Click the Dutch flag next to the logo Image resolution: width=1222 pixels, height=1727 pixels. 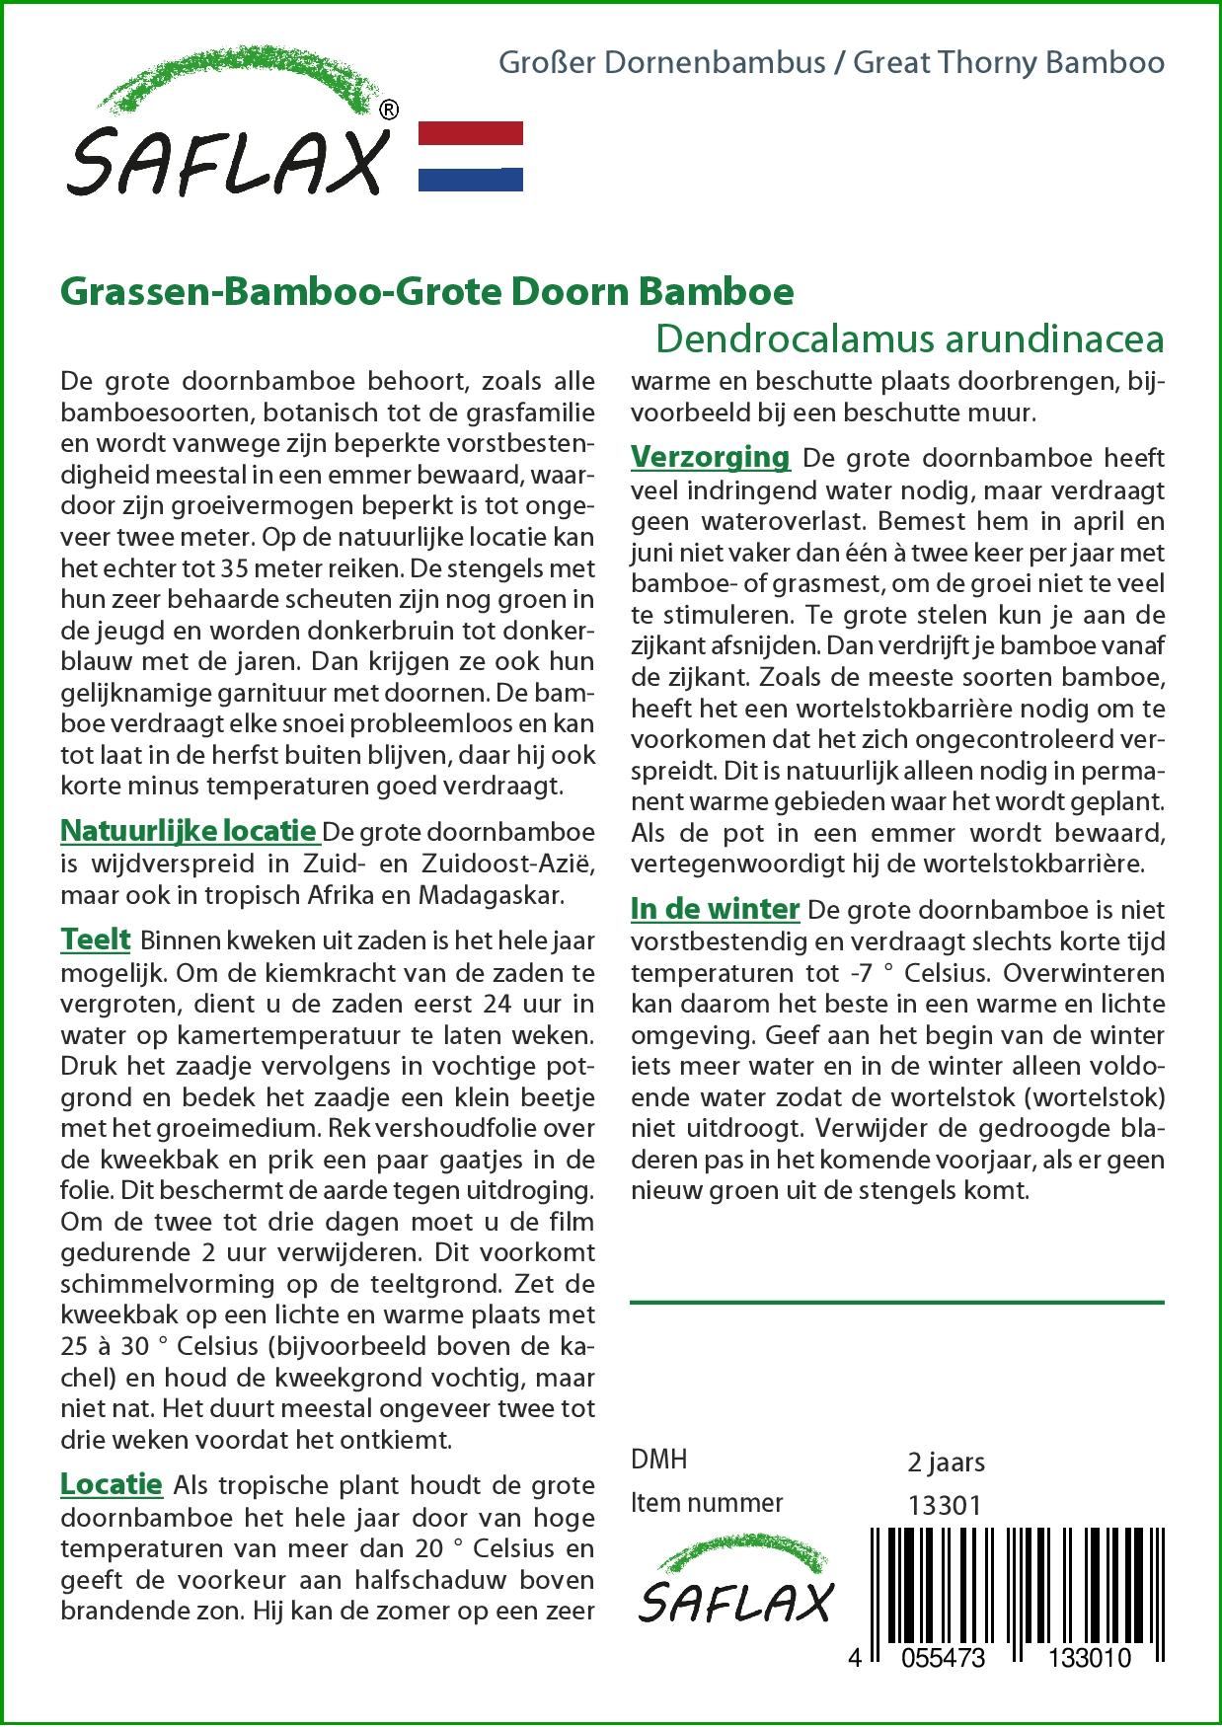pyautogui.click(x=471, y=156)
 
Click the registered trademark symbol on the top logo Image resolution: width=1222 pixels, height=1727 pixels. pyautogui.click(x=389, y=111)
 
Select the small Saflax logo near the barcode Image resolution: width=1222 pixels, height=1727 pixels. pyautogui.click(x=735, y=1585)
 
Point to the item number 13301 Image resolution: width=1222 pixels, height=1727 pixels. pyautogui.click(x=944, y=1505)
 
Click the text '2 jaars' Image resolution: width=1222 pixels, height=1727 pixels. pyautogui.click(x=946, y=1462)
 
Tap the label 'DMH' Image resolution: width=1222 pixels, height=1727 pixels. pyautogui.click(x=658, y=1460)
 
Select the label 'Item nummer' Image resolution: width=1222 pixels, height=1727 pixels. pyautogui.click(x=707, y=1503)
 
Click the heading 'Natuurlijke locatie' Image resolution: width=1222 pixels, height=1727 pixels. pyautogui.click(x=189, y=831)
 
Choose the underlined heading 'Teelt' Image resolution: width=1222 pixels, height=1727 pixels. pyautogui.click(x=96, y=939)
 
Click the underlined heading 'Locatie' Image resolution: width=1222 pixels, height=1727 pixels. pyautogui.click(x=112, y=1484)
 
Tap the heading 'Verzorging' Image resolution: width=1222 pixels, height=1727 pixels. pyautogui.click(x=710, y=457)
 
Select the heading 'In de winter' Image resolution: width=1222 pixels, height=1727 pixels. pyautogui.click(x=715, y=908)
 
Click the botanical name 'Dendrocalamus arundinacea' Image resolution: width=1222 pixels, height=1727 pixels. pyautogui.click(x=909, y=338)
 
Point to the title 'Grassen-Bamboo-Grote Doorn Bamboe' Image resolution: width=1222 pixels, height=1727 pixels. pyautogui.click(x=427, y=291)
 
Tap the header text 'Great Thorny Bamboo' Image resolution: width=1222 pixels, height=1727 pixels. pyautogui.click(x=1009, y=63)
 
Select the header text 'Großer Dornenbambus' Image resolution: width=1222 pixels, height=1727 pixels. pyautogui.click(x=662, y=63)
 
